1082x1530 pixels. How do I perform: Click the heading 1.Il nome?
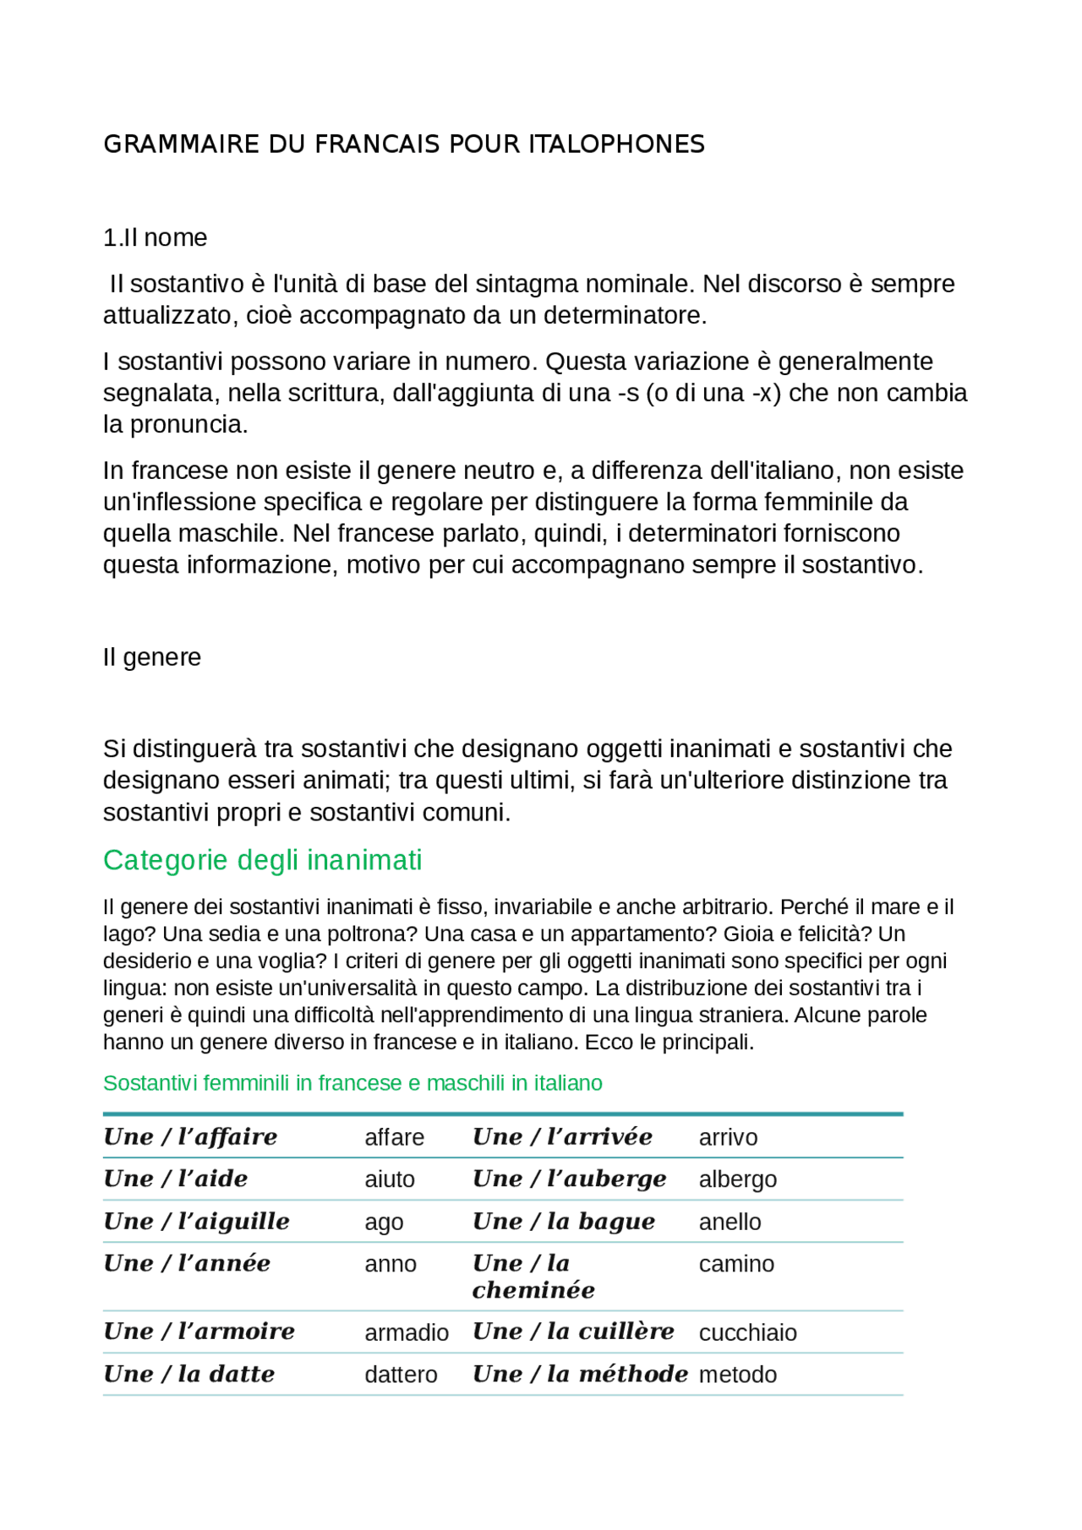point(155,238)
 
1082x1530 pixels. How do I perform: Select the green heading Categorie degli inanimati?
point(262,860)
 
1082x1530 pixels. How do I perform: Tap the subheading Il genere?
point(152,657)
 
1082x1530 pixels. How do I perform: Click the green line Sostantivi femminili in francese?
point(352,1083)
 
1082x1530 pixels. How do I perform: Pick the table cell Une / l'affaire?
point(190,1137)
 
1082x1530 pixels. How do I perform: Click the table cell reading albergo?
point(737,1179)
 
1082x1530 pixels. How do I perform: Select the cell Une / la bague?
point(564,1222)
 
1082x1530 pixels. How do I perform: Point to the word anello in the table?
point(730,1222)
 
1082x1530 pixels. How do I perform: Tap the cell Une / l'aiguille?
point(196,1222)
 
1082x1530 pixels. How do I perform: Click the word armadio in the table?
point(407,1333)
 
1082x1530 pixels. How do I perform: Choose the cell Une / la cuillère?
point(573,1332)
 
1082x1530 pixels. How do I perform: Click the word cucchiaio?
point(747,1333)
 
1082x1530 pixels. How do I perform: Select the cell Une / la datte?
point(189,1375)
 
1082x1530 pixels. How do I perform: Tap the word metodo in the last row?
point(737,1375)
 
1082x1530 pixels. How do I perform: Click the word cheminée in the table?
point(533,1291)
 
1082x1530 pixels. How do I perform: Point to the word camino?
point(736,1265)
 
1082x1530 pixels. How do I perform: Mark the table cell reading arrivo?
point(728,1138)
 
